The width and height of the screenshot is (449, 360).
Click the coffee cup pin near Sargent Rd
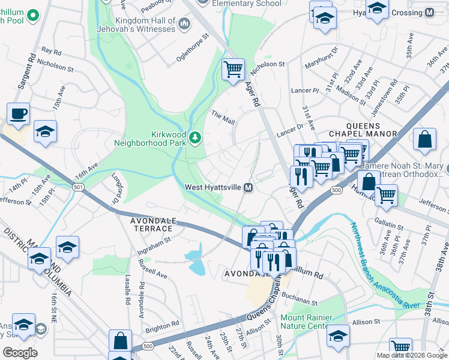click(18, 113)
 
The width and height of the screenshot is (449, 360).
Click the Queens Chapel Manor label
click(363, 134)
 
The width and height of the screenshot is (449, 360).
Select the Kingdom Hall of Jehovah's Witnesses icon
click(184, 25)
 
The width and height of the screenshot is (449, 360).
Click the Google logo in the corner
click(20, 353)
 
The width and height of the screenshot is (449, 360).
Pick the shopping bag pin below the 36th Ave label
click(424, 139)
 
